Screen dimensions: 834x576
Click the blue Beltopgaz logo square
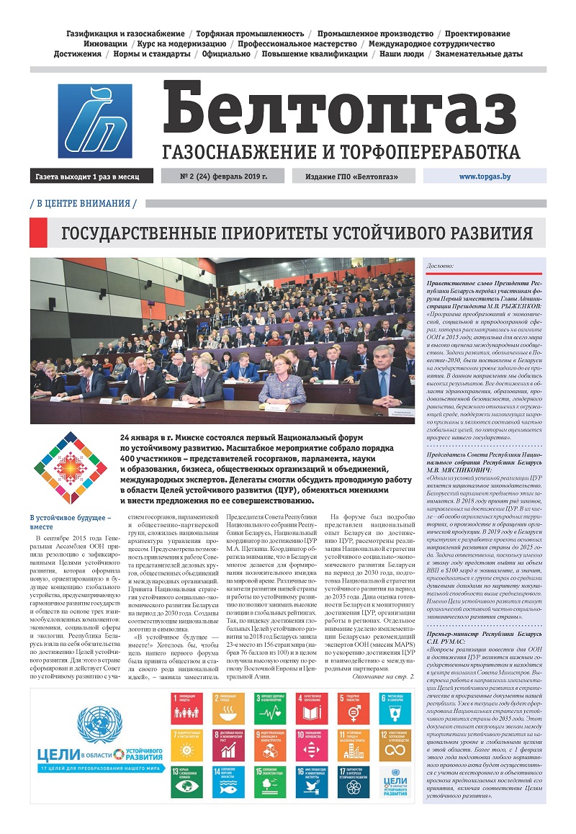pyautogui.click(x=95, y=121)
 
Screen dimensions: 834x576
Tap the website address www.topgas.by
pyautogui.click(x=485, y=176)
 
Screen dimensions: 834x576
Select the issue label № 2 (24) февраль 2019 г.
pyautogui.click(x=223, y=176)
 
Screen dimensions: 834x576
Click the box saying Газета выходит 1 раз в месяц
pyautogui.click(x=91, y=176)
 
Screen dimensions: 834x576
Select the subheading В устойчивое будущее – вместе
pyautogui.click(x=70, y=523)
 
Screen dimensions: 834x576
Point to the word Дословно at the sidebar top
pyautogui.click(x=441, y=266)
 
